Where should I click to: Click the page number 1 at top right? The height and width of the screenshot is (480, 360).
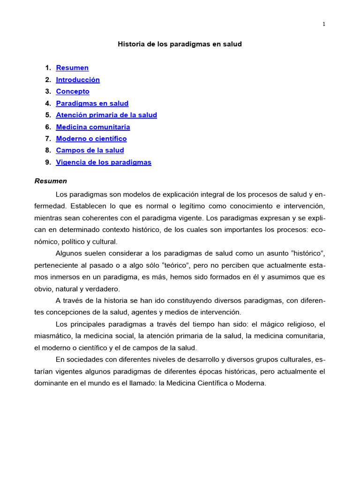(323, 24)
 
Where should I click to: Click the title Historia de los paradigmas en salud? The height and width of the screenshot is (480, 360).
(180, 44)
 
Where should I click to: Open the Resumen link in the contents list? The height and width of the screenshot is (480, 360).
(72, 68)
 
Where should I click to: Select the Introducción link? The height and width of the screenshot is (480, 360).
(78, 80)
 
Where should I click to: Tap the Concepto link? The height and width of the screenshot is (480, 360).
(73, 91)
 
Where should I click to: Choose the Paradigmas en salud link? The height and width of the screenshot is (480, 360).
(92, 103)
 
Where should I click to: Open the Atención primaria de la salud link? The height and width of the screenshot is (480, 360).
(106, 115)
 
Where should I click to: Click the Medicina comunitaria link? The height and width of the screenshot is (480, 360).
(93, 127)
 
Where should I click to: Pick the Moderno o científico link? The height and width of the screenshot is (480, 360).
(91, 139)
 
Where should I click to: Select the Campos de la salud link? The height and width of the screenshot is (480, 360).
(90, 150)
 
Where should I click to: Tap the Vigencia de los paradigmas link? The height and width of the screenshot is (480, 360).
(104, 162)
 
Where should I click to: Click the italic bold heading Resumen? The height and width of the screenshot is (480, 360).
(51, 181)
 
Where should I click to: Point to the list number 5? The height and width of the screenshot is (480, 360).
(48, 115)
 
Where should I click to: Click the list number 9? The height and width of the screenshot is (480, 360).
(48, 162)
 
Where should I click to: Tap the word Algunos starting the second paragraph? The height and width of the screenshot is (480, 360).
(69, 254)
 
